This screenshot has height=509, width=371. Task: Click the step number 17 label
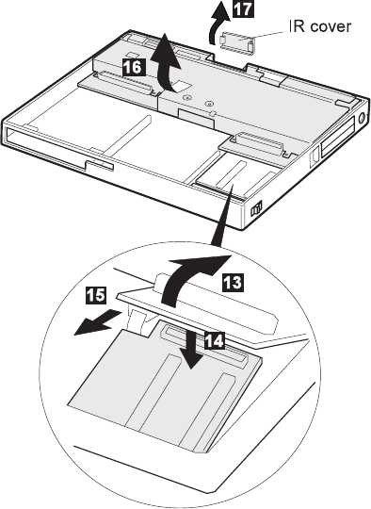click(x=243, y=8)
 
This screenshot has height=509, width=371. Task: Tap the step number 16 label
click(x=134, y=67)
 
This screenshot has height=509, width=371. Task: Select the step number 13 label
click(x=233, y=282)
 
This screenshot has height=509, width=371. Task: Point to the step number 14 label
click(x=214, y=340)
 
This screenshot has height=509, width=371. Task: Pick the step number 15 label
click(x=96, y=295)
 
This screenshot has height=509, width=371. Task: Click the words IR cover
click(x=320, y=26)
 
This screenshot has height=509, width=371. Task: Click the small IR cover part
click(x=237, y=43)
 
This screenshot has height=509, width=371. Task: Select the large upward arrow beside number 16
click(x=165, y=65)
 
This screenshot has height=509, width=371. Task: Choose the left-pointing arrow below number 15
click(x=97, y=322)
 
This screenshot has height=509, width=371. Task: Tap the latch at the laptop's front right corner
click(x=256, y=208)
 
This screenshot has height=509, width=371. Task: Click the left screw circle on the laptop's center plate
click(x=185, y=97)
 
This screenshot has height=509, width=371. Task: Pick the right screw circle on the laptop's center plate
click(x=209, y=104)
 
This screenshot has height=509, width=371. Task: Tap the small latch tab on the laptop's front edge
click(x=99, y=165)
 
